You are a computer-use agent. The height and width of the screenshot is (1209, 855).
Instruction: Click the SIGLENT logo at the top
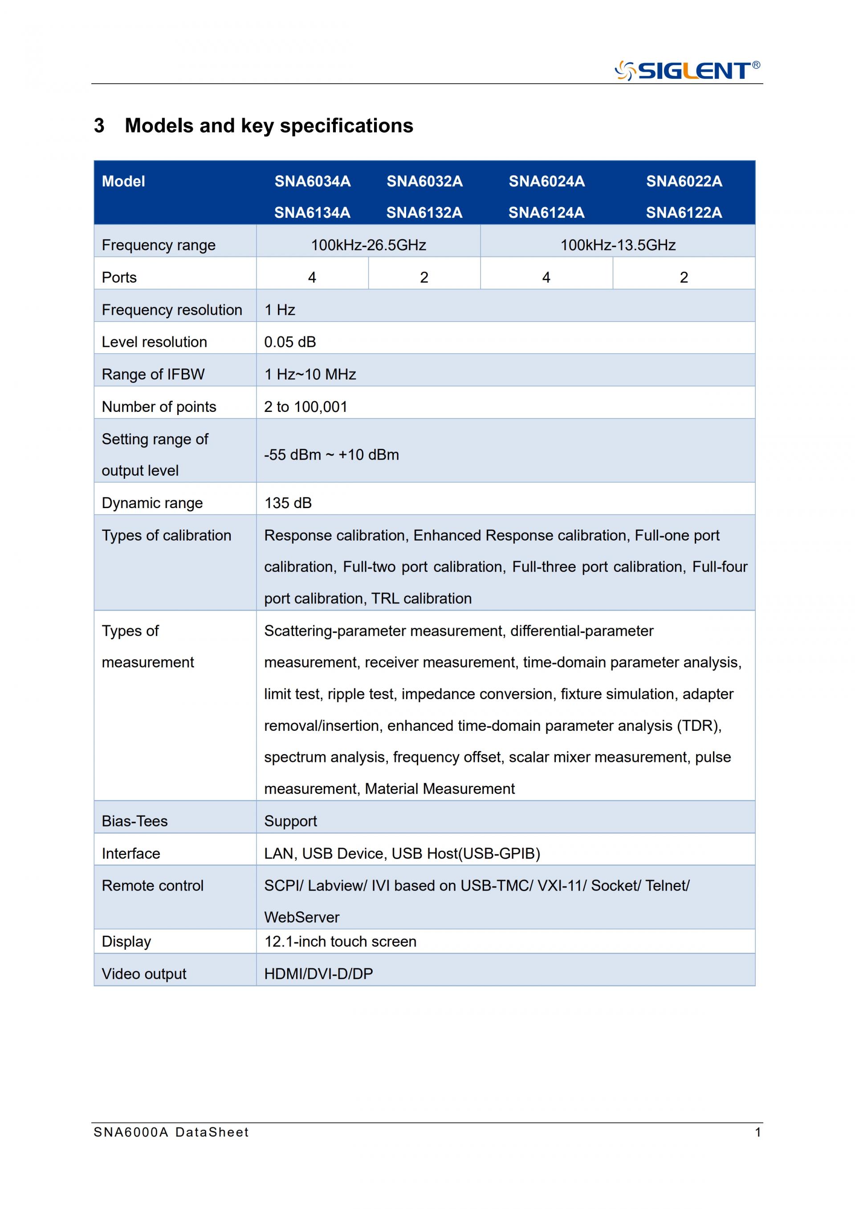pos(687,70)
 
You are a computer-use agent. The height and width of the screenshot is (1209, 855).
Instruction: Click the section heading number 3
pos(99,126)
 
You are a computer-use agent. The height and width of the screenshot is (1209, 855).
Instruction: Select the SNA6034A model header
pos(312,181)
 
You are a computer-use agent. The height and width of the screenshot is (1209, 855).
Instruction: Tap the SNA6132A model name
pos(424,212)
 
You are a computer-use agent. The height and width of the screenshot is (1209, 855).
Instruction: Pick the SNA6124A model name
pos(546,212)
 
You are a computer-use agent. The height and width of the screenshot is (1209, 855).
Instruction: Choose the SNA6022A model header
pos(684,181)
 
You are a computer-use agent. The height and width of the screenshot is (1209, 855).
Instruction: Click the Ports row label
pos(119,277)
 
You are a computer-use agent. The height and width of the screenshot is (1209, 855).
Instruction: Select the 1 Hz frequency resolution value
pos(280,309)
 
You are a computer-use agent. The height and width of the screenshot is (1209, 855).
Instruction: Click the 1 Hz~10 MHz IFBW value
pos(309,375)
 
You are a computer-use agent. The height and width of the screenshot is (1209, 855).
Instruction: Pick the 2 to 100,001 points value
pos(305,407)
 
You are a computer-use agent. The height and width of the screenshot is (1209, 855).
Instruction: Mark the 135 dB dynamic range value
pos(288,503)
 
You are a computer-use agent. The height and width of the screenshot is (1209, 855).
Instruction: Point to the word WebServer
pos(301,917)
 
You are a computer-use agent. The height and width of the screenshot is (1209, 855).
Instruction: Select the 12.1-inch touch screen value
pos(340,941)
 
